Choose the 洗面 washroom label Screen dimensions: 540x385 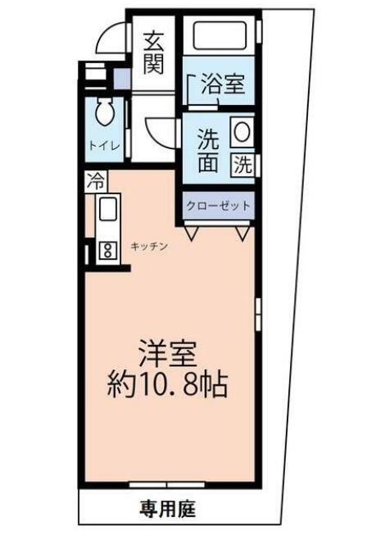click(x=208, y=150)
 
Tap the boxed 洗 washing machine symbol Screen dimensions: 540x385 click(x=243, y=164)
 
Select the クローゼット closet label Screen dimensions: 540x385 click(x=218, y=205)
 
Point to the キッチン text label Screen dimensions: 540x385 click(x=149, y=246)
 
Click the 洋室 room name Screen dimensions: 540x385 click(x=169, y=353)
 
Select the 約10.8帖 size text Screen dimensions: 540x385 click(x=168, y=383)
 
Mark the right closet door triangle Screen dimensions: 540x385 click(x=242, y=234)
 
